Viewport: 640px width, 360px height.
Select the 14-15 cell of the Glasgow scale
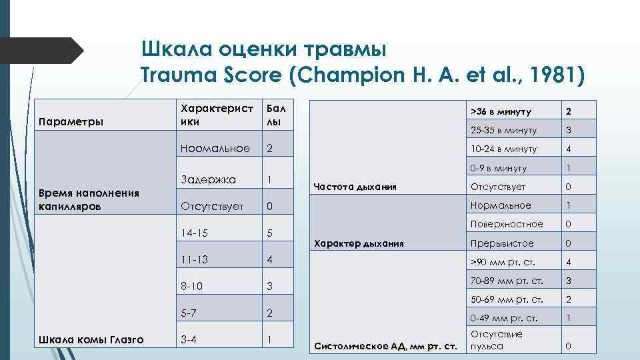click(x=195, y=233)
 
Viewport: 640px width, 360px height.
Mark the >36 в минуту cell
click(x=499, y=111)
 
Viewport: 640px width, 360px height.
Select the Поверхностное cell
click(x=507, y=224)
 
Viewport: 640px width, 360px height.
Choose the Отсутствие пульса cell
click(x=497, y=340)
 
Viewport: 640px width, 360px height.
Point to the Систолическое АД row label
click(x=385, y=346)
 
